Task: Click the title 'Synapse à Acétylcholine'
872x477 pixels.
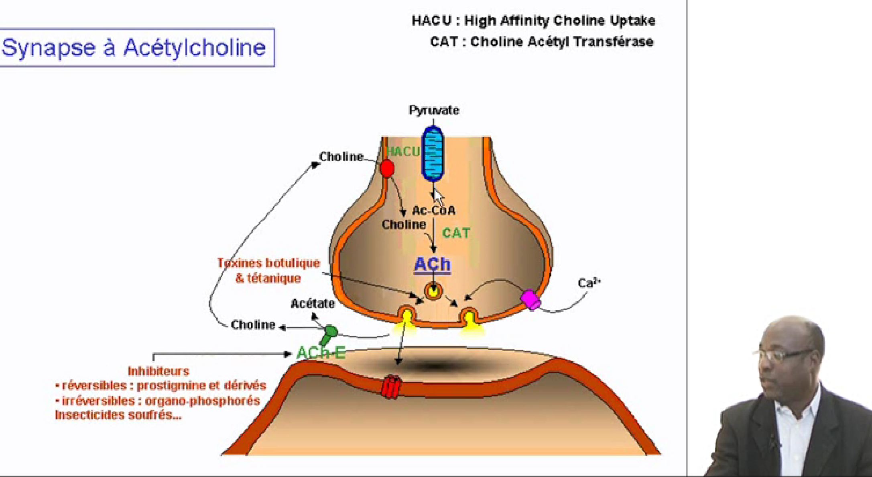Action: (134, 47)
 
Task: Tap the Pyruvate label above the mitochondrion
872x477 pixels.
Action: (434, 110)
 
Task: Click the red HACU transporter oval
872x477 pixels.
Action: (387, 168)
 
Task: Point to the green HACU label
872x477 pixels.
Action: (402, 151)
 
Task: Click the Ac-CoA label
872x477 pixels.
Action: (434, 210)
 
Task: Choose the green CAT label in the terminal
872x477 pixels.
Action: (456, 233)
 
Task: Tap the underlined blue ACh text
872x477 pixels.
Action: (433, 264)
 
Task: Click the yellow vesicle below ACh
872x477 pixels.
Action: (433, 291)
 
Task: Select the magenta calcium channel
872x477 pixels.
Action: (530, 299)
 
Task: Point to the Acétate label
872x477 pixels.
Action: (313, 303)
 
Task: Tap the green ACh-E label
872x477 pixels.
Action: (321, 353)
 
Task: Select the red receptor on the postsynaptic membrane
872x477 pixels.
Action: (391, 386)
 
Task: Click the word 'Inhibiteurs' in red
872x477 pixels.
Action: (158, 371)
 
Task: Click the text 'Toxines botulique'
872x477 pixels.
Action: (268, 263)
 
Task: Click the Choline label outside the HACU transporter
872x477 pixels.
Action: (341, 157)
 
